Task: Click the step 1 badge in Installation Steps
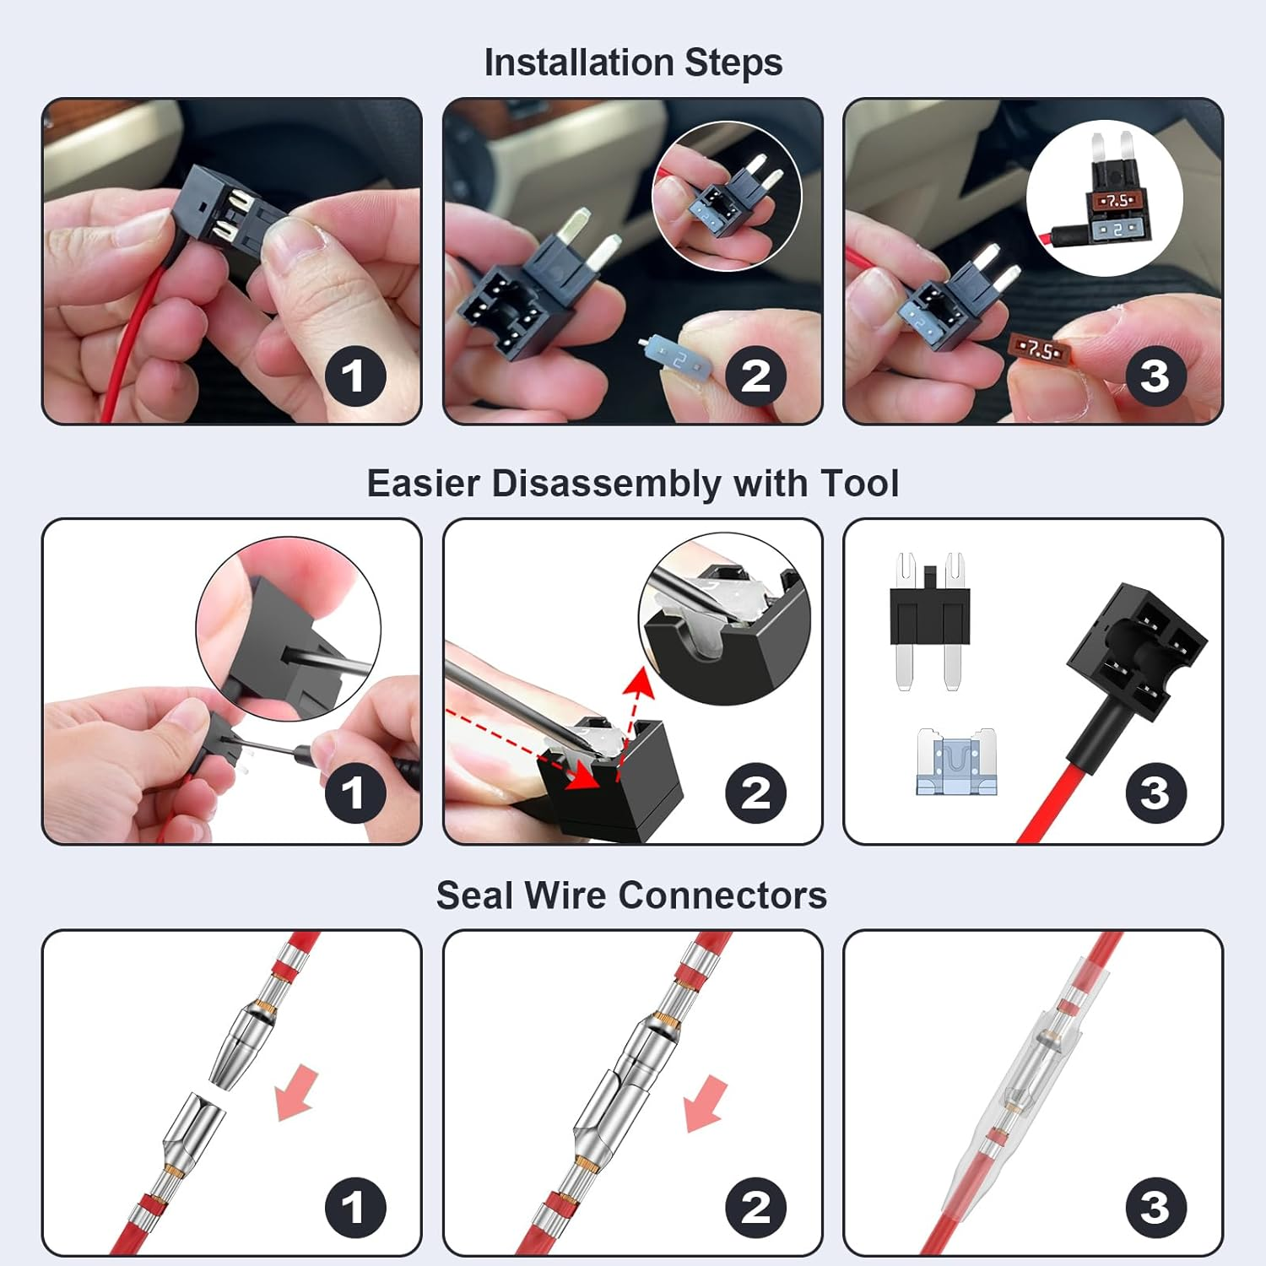355,376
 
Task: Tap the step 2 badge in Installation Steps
756,376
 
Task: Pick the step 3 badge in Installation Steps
1156,376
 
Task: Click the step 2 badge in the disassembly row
756,793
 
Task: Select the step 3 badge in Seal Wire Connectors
1156,1208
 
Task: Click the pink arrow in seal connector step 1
296,1094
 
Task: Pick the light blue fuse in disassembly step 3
956,762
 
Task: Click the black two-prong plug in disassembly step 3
929,620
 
